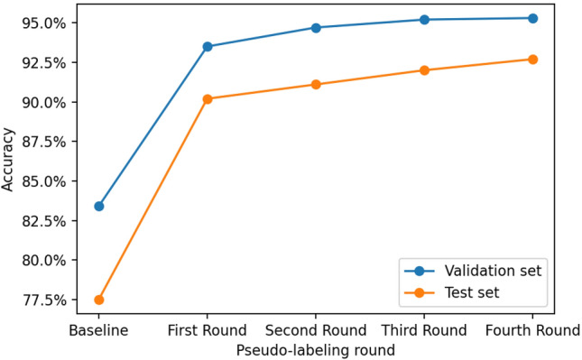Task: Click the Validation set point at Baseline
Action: pyautogui.click(x=99, y=206)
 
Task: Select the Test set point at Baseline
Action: pyautogui.click(x=99, y=300)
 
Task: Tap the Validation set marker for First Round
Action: pyautogui.click(x=208, y=46)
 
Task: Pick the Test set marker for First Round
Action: pyautogui.click(x=208, y=98)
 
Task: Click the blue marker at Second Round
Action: pyautogui.click(x=316, y=27)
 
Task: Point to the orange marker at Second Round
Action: pyautogui.click(x=316, y=84)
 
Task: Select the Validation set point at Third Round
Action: pyautogui.click(x=424, y=19)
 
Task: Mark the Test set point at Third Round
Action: pyautogui.click(x=424, y=69)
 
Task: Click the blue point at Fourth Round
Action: pyautogui.click(x=532, y=18)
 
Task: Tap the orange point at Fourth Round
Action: pyautogui.click(x=532, y=59)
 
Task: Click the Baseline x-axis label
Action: pyautogui.click(x=99, y=330)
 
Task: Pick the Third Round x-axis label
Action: pyautogui.click(x=424, y=330)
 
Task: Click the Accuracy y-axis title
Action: pyautogui.click(x=9, y=161)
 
